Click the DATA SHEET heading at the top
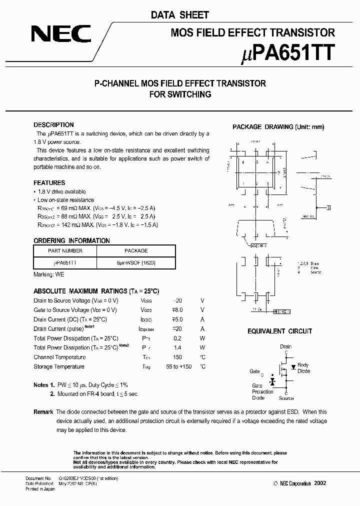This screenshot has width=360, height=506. (x=180, y=15)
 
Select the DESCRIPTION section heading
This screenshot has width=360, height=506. (x=53, y=125)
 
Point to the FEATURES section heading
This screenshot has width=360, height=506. (x=49, y=183)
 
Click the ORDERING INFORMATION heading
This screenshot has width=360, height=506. (x=71, y=240)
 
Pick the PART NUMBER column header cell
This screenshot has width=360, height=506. (x=65, y=251)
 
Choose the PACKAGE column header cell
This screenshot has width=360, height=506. (x=136, y=251)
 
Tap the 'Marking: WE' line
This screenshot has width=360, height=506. (x=49, y=274)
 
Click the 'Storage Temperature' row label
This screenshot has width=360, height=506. (x=59, y=367)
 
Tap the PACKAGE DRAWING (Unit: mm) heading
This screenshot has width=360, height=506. (x=278, y=127)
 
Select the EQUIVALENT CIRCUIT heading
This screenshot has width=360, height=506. (x=280, y=331)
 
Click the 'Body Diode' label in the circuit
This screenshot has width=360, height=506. (x=303, y=368)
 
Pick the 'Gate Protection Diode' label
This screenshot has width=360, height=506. (x=262, y=392)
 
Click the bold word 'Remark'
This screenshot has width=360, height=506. (x=43, y=412)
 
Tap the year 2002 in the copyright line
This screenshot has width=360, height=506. (x=320, y=483)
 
